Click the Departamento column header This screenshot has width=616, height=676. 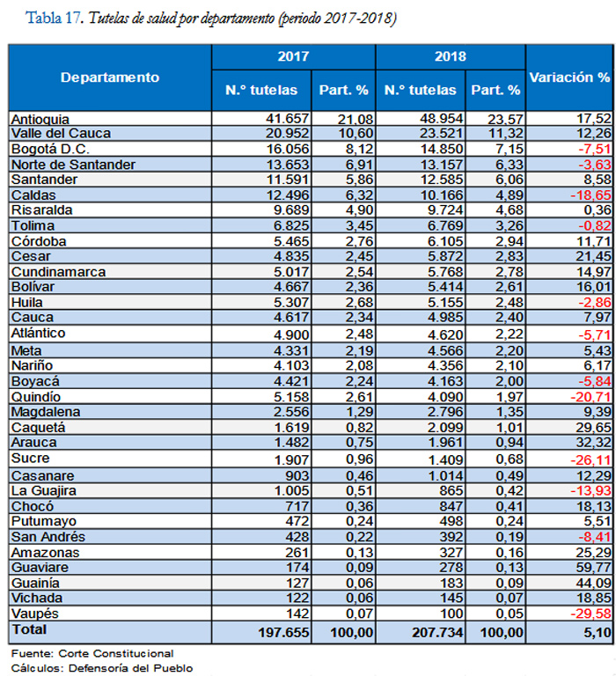click(x=110, y=77)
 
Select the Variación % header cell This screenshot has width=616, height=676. click(x=568, y=77)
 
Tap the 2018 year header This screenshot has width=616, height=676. click(x=450, y=56)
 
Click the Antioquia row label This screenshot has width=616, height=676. click(x=40, y=118)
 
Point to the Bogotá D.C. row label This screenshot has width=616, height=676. click(x=45, y=149)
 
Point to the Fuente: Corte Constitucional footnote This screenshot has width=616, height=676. click(x=92, y=653)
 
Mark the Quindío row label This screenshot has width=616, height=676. click(x=35, y=396)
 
